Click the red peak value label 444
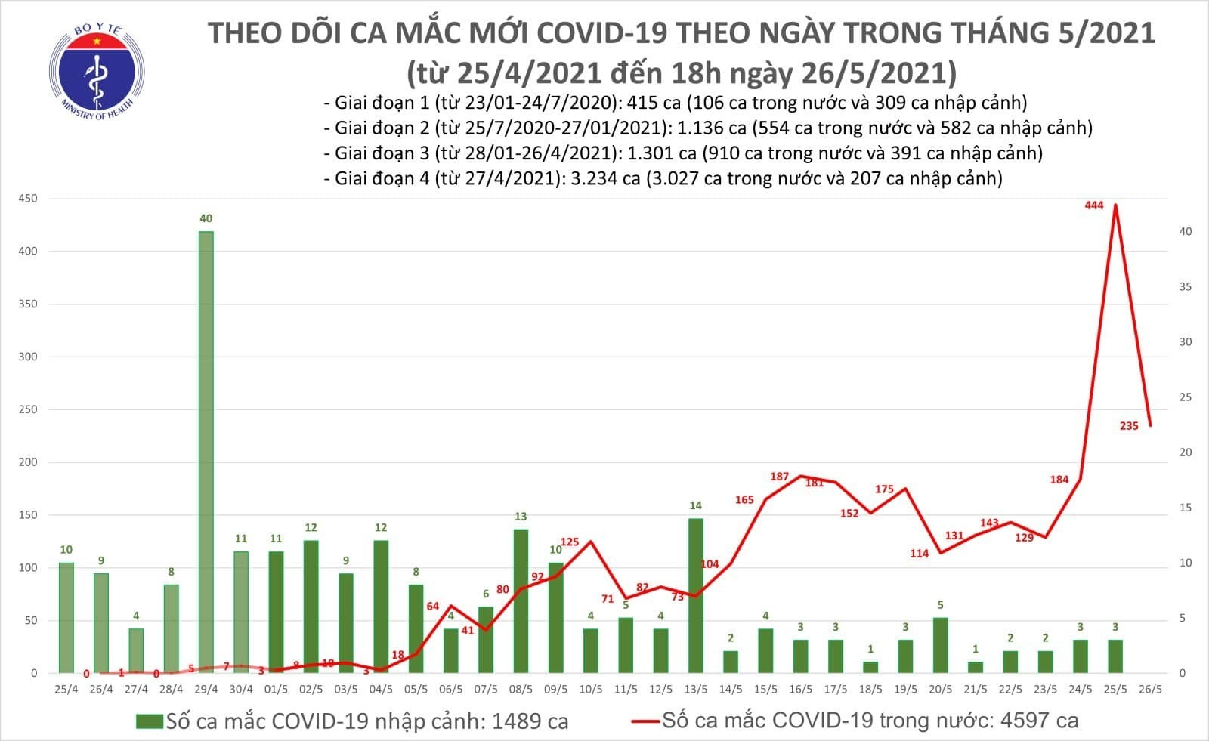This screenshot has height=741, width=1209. (x=1093, y=205)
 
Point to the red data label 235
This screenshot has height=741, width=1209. (x=1129, y=426)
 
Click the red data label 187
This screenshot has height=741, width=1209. (x=779, y=477)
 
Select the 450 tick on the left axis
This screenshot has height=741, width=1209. (x=28, y=199)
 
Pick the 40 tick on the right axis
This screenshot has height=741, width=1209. (x=1186, y=231)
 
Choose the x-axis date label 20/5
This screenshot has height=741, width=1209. (x=941, y=690)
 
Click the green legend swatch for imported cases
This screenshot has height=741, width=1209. (x=150, y=721)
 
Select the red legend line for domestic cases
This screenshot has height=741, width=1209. (x=645, y=721)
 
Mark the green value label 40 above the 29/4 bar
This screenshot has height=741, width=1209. (x=206, y=218)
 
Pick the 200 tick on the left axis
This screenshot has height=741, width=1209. (x=28, y=462)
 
